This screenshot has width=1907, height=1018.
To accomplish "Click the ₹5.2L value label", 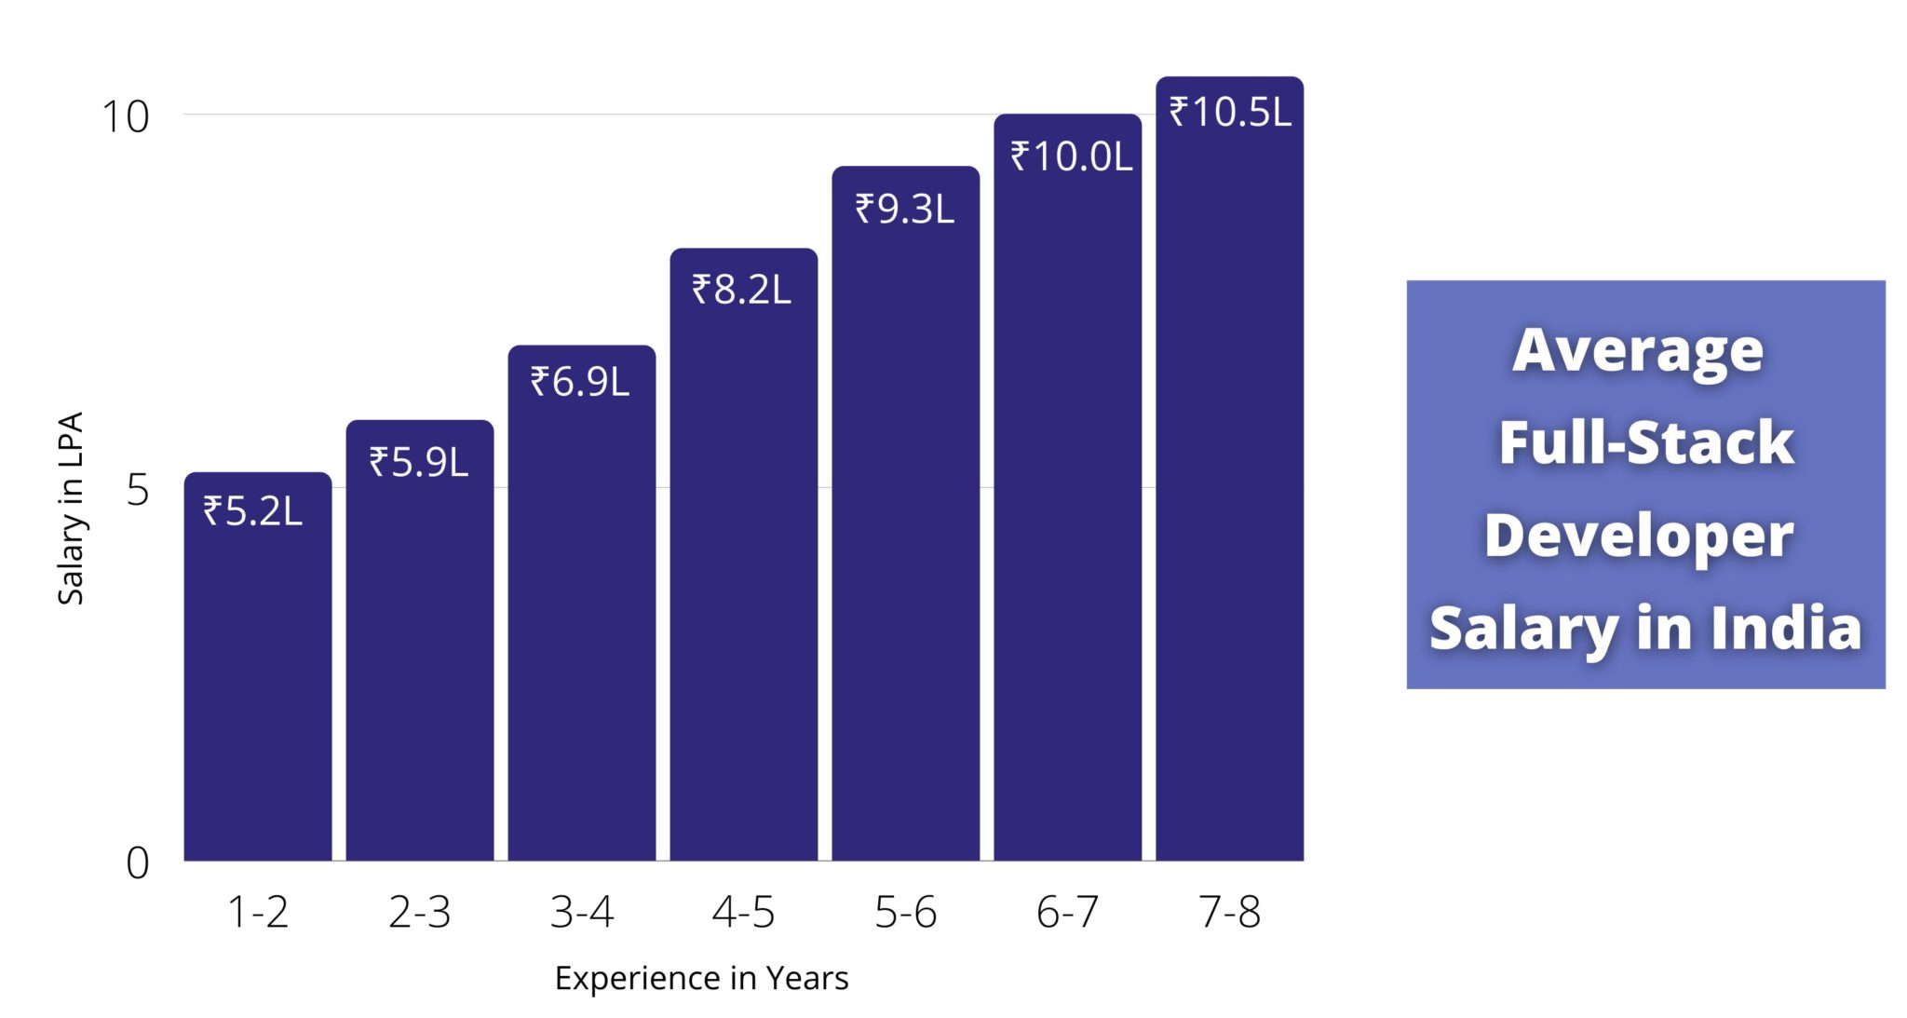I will click(253, 511).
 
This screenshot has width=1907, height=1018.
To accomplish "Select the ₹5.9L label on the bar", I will click(419, 462).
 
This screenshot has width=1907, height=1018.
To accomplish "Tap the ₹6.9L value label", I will click(580, 382).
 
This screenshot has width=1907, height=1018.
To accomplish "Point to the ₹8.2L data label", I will click(741, 290).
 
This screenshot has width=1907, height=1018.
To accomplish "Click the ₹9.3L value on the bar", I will click(905, 209).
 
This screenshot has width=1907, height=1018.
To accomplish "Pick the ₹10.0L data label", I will click(1071, 156).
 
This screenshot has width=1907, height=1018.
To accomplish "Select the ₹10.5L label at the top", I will click(1230, 112).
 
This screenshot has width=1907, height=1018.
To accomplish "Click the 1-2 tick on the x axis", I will click(258, 912).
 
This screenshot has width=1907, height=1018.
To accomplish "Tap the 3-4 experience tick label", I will click(582, 912).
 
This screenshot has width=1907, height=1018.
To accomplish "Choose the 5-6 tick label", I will click(905, 912).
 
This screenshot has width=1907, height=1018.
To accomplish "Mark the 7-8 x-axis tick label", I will click(1230, 912).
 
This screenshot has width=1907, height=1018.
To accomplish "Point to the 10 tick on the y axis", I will click(125, 117).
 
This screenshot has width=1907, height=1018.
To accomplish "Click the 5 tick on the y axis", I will click(137, 490).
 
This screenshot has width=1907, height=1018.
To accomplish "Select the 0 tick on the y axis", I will click(137, 863).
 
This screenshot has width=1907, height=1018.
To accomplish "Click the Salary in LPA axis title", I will click(71, 509).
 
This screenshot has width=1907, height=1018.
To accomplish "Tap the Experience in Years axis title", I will click(701, 978).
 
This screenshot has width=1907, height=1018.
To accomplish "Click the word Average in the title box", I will click(1638, 350).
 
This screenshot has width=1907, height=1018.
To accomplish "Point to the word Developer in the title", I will click(1639, 536).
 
